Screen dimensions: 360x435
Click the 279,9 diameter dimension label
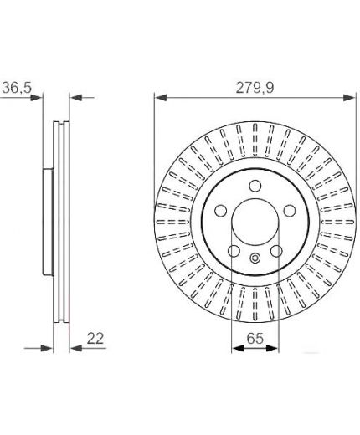(255, 88)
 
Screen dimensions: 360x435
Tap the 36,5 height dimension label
(17, 88)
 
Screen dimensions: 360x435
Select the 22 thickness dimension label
(95, 339)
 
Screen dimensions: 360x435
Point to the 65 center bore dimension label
(255, 338)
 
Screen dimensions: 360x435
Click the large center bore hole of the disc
(255, 223)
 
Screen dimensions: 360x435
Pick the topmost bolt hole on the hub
(255, 186)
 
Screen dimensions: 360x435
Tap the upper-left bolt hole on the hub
(220, 211)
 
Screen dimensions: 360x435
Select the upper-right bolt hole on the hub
(290, 211)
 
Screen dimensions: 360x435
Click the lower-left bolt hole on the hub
(234, 251)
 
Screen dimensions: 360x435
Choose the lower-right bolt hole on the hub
(276, 251)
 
